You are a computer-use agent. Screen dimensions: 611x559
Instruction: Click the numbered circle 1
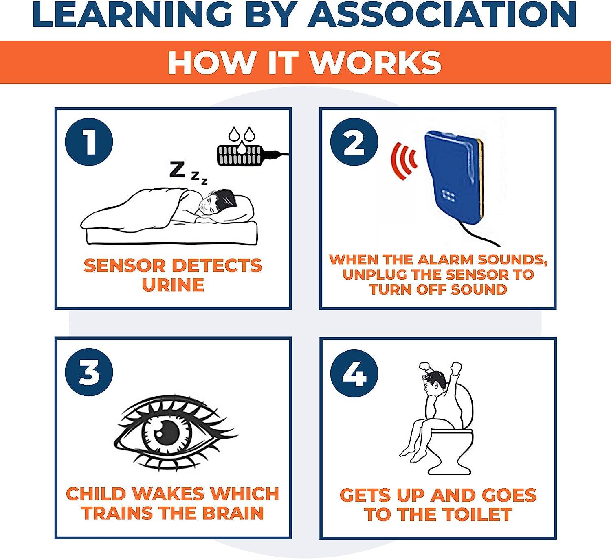(x=89, y=142)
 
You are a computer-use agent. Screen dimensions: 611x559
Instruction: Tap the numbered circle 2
(x=354, y=142)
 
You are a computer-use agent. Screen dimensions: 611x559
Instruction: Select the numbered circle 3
(x=89, y=372)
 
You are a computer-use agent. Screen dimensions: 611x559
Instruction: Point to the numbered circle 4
(x=354, y=373)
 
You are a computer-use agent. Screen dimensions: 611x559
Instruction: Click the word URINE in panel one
(x=173, y=285)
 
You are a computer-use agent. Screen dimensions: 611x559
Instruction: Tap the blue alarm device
(x=453, y=177)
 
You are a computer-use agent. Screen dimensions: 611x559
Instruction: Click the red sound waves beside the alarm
(x=404, y=161)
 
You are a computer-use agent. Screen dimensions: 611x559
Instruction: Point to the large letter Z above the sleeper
(x=177, y=169)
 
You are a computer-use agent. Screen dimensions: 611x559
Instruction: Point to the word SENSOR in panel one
(x=123, y=265)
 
